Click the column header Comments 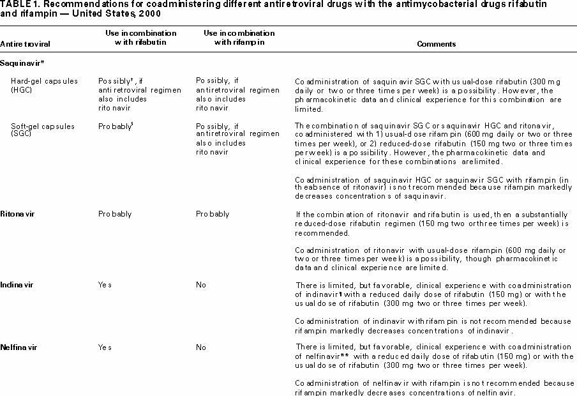tap(436, 45)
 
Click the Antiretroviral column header tap(26, 45)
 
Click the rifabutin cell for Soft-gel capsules tap(116, 126)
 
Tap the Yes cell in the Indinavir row tap(105, 285)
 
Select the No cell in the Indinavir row tap(201, 285)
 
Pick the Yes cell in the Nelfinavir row tap(105, 346)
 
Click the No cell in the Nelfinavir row tap(201, 346)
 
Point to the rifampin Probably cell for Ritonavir tap(213, 214)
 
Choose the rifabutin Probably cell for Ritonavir tap(115, 214)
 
